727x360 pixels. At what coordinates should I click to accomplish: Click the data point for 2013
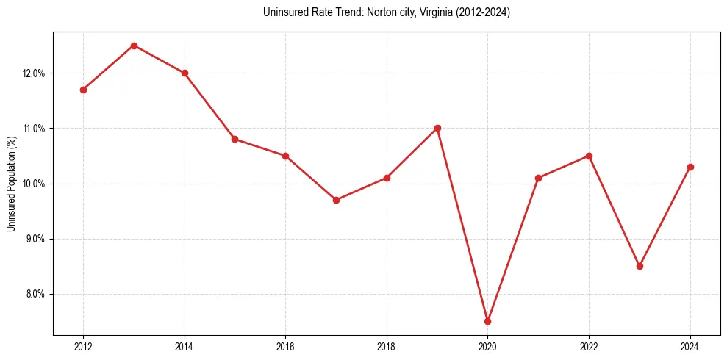pos(134,46)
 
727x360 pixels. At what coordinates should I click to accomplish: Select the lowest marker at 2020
pos(487,321)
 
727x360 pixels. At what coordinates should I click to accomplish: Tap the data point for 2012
pos(83,90)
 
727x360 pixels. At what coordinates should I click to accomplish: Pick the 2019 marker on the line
pos(437,128)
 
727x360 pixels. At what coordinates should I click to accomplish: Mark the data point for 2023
pos(640,266)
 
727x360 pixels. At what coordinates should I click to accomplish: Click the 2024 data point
pos(690,167)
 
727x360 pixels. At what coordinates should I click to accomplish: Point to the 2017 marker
pos(336,200)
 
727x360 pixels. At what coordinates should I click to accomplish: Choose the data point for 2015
pos(234,139)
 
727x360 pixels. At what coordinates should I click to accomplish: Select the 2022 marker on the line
pos(589,156)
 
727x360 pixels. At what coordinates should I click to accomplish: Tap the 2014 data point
pos(185,73)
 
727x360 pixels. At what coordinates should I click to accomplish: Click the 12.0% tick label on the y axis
pos(35,73)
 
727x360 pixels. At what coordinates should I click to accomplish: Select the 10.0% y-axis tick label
pos(35,184)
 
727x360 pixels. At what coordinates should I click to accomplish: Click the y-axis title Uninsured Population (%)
pos(11,184)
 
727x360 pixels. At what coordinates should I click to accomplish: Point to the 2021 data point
pos(538,178)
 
